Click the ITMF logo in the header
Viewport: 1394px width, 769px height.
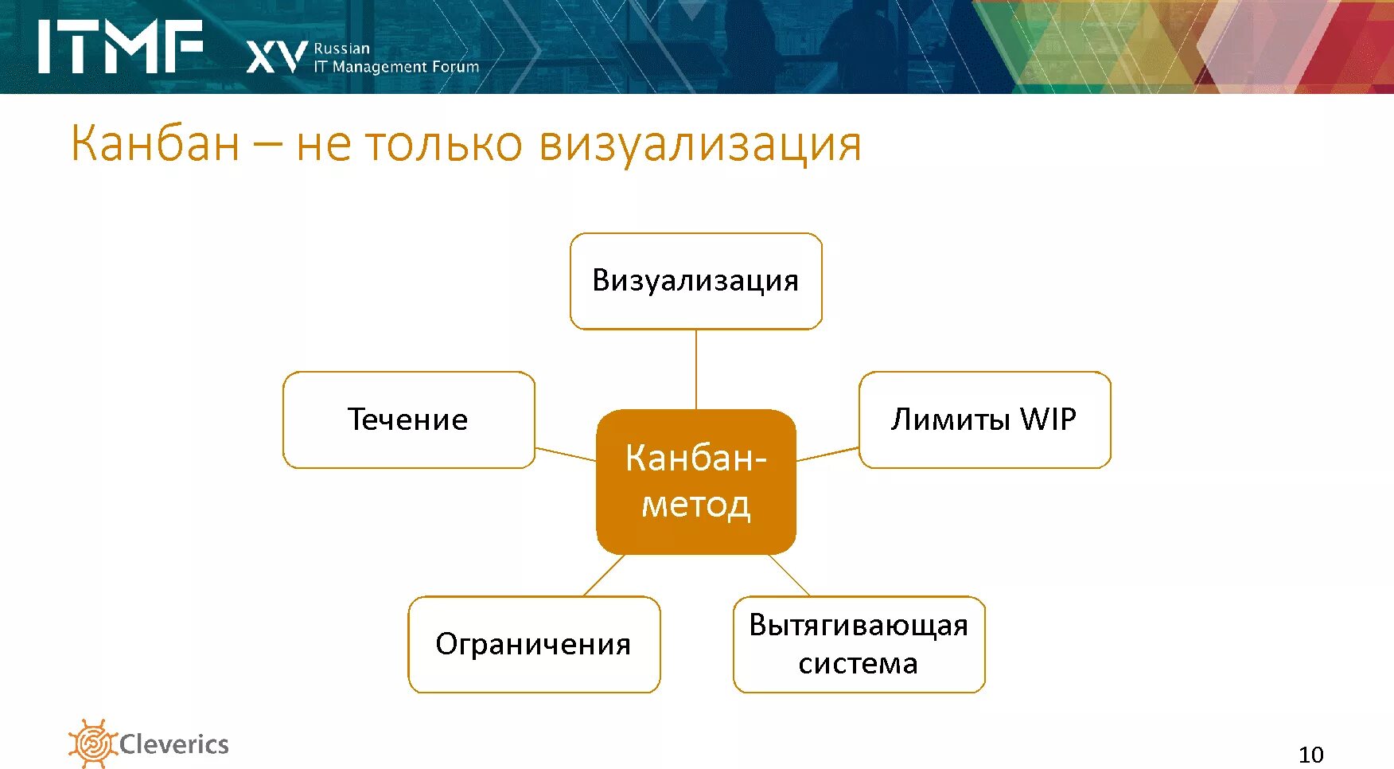coord(119,47)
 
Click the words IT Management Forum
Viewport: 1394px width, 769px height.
coord(396,67)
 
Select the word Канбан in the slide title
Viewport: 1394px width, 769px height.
coord(155,144)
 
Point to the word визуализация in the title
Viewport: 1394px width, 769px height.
coord(699,144)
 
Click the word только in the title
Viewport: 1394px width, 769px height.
coord(444,144)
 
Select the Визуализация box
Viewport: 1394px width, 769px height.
coord(695,281)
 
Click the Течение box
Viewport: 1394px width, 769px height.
coord(408,420)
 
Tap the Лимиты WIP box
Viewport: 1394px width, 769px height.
coord(984,420)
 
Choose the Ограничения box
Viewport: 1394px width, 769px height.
coord(534,644)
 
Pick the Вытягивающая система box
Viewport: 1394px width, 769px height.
coord(859,644)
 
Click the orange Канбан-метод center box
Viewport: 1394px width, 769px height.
coord(695,482)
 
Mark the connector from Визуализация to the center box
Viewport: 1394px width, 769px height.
coord(696,369)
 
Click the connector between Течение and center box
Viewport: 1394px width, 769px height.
coord(566,454)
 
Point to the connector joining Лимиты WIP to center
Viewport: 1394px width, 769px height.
coord(827,454)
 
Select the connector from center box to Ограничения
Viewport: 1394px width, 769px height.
coord(605,575)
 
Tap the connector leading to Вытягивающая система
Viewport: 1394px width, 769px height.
coord(789,575)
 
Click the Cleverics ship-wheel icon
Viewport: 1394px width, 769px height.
coord(92,744)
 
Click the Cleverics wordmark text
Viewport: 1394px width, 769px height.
coord(174,744)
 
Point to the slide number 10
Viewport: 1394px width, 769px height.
coord(1310,754)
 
